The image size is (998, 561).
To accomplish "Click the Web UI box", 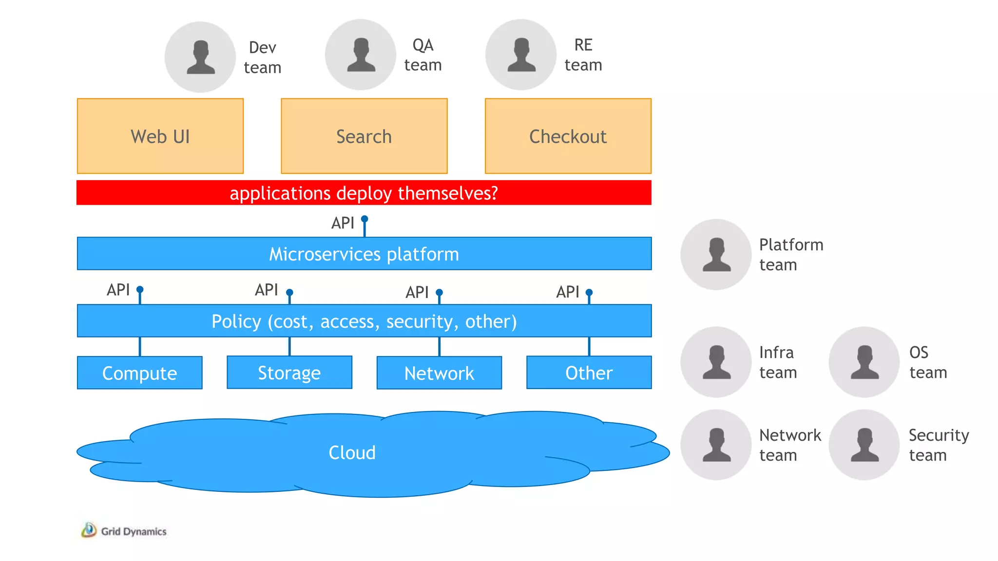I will (x=160, y=136).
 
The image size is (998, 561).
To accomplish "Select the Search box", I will (x=364, y=136).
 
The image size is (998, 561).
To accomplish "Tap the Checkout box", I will (x=568, y=136).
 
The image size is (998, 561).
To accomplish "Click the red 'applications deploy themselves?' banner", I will (x=364, y=193).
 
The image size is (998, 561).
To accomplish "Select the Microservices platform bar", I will (x=364, y=254).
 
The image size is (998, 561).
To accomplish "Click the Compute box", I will (x=139, y=373).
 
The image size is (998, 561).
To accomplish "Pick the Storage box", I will (x=289, y=373).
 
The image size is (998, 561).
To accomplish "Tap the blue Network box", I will (x=439, y=373).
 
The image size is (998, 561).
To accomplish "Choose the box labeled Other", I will (x=589, y=373).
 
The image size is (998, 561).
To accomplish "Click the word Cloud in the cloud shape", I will (x=352, y=453).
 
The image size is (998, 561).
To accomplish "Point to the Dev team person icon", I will (x=200, y=57).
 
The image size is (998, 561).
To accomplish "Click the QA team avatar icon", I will (x=361, y=55).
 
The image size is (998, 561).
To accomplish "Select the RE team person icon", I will (x=521, y=55).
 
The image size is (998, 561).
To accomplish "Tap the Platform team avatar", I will (x=716, y=254).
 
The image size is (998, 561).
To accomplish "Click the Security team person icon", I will (x=864, y=445).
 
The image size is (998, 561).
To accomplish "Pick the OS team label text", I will (x=928, y=362).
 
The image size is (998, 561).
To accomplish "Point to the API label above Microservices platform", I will (x=343, y=223).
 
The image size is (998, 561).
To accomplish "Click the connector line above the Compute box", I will (x=140, y=346).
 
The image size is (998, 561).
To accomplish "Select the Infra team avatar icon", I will (x=716, y=362).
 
